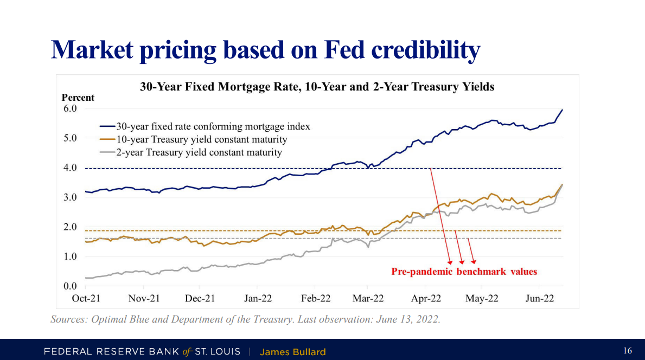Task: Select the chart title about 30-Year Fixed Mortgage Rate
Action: click(x=317, y=87)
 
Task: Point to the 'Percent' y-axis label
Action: click(x=78, y=98)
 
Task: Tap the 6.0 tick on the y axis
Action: click(x=71, y=108)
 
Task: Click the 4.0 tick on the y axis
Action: click(x=71, y=168)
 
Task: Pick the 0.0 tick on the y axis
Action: click(x=71, y=286)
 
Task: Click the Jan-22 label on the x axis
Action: click(x=258, y=298)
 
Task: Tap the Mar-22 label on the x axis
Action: click(x=369, y=298)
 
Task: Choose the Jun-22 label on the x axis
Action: click(x=539, y=298)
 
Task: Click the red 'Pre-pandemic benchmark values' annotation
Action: click(x=464, y=272)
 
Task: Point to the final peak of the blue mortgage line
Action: click(x=562, y=110)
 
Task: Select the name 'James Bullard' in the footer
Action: click(x=293, y=352)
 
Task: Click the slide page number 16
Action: click(x=627, y=351)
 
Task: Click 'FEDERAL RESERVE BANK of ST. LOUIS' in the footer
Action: click(x=142, y=352)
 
